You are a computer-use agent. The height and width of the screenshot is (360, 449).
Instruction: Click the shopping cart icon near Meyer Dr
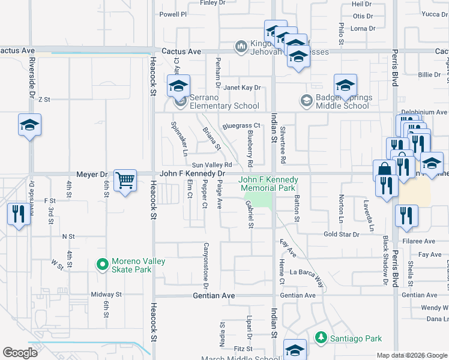coord(125,180)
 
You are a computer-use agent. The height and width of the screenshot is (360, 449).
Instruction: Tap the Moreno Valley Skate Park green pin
coord(103,263)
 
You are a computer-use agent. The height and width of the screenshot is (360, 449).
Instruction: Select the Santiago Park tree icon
coord(322,338)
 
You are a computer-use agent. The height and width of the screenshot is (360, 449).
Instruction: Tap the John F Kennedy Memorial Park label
coord(268,184)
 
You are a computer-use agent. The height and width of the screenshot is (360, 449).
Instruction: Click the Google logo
coord(20,353)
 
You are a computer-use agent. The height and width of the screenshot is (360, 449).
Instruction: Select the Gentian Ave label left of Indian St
coord(214,296)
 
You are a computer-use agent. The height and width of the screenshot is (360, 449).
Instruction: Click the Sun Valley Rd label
coord(211,164)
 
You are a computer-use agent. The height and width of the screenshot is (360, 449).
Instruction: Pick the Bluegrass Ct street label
coord(240,126)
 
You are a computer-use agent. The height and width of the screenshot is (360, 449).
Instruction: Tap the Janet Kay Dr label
coord(243,88)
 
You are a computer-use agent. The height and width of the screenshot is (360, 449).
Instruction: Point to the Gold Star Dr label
coord(341,235)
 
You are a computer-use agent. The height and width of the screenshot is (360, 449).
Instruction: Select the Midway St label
coord(106,295)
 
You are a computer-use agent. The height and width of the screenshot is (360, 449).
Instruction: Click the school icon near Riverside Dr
coord(29,125)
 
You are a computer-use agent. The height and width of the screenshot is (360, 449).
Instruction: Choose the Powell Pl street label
coord(173,13)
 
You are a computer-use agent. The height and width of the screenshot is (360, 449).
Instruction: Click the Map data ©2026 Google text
coord(411,355)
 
